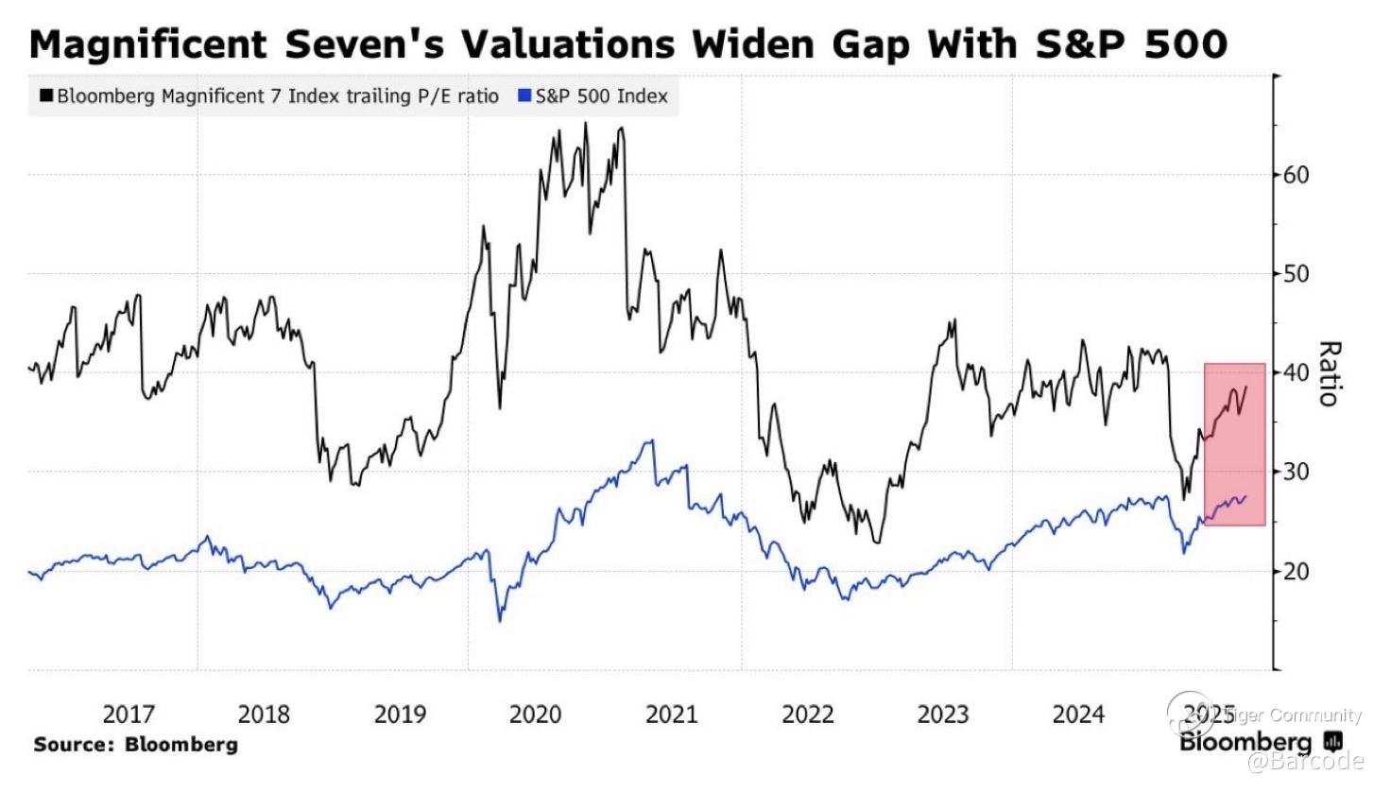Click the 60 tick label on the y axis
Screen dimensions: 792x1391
click(1296, 175)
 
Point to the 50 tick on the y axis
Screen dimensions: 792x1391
click(1296, 274)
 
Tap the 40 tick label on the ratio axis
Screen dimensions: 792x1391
click(1296, 372)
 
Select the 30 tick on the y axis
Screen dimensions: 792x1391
click(1296, 472)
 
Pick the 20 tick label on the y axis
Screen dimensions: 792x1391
click(1296, 571)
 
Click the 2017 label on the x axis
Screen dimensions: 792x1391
click(129, 715)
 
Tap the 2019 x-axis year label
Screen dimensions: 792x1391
click(400, 715)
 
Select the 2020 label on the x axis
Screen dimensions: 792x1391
click(536, 715)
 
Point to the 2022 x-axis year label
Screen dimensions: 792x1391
click(807, 715)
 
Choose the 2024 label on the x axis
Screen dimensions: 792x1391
click(1078, 715)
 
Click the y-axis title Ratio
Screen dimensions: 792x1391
click(1329, 373)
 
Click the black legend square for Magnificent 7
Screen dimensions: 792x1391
click(46, 95)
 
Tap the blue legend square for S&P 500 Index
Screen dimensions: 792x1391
click(524, 95)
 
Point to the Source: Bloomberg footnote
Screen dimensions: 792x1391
click(135, 745)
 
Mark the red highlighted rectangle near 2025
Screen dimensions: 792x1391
click(1234, 444)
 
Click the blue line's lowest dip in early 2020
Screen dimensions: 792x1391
click(500, 620)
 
